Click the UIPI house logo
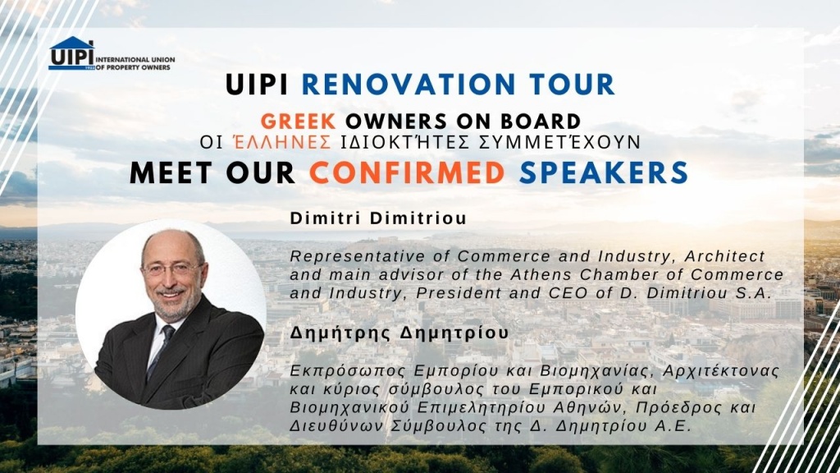(72, 53)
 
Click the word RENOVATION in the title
(409, 85)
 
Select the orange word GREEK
(299, 122)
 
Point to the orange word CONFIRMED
(407, 172)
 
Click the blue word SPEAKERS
(604, 172)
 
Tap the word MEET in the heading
(171, 172)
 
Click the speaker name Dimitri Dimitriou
(378, 218)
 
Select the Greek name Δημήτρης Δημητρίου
(399, 333)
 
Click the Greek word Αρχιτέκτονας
(721, 371)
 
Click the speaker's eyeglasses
(173, 269)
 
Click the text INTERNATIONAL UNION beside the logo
(135, 59)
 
